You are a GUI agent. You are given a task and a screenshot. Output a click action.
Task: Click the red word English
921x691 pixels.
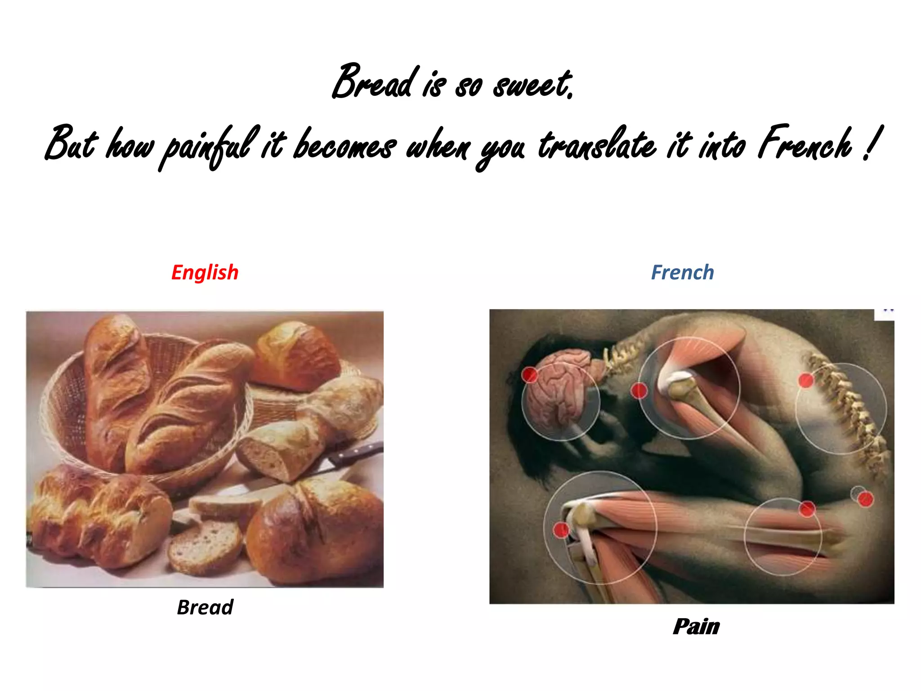pos(205,273)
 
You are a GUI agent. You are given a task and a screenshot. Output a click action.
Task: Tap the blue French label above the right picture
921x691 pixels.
pos(682,273)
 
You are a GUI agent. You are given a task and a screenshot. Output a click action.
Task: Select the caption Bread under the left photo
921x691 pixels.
pos(205,607)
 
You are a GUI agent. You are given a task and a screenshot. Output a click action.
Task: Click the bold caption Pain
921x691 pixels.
pos(696,627)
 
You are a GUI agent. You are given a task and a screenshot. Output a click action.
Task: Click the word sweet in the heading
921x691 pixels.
pos(532,85)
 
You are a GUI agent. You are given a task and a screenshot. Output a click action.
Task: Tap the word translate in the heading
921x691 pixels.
pos(597,145)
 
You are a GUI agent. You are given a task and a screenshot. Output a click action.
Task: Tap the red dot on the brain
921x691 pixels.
pos(530,375)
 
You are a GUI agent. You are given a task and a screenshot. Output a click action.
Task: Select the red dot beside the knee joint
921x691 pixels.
pos(561,530)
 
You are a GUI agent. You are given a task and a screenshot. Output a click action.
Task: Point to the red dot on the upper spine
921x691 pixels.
pos(806,381)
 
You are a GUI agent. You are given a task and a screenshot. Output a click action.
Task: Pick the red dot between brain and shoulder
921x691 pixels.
pos(639,390)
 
